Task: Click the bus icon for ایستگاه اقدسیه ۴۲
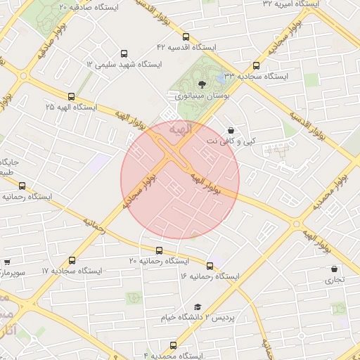186,37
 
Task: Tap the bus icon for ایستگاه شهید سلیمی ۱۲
124,53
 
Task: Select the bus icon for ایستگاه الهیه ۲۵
70,96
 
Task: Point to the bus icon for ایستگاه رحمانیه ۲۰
157,250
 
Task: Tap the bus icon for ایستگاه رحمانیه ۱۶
210,266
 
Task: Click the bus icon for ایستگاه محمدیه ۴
174,345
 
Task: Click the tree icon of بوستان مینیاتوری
203,84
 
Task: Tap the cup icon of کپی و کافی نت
231,130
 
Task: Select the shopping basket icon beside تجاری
333,269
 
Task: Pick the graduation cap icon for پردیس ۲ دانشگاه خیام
198,307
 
